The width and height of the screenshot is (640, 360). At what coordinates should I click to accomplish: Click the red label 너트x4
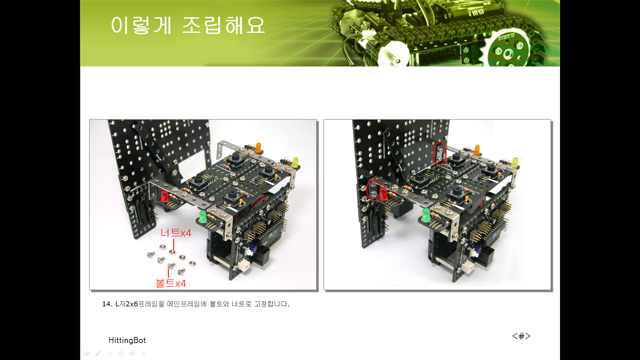(176, 233)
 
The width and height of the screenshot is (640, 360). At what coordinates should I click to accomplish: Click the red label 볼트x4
(171, 283)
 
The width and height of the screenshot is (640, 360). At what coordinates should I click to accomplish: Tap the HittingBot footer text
(127, 340)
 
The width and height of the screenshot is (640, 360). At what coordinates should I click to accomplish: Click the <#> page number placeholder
(521, 336)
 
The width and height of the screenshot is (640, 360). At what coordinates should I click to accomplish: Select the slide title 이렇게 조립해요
(188, 25)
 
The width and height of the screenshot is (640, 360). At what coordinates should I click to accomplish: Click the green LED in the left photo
(202, 217)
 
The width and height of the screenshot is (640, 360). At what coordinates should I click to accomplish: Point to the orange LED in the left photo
(258, 148)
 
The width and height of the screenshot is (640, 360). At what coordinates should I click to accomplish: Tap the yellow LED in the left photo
(295, 163)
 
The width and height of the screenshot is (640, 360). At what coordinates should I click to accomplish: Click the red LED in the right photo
(384, 194)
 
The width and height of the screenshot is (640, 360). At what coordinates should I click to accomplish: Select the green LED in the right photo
(426, 215)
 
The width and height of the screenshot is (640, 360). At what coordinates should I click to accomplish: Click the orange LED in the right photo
(477, 150)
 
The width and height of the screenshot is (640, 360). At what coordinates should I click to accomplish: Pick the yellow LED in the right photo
(515, 162)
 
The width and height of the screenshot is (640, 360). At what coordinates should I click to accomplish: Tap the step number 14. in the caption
(107, 304)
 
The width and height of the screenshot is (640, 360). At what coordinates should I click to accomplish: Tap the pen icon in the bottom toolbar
(98, 353)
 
